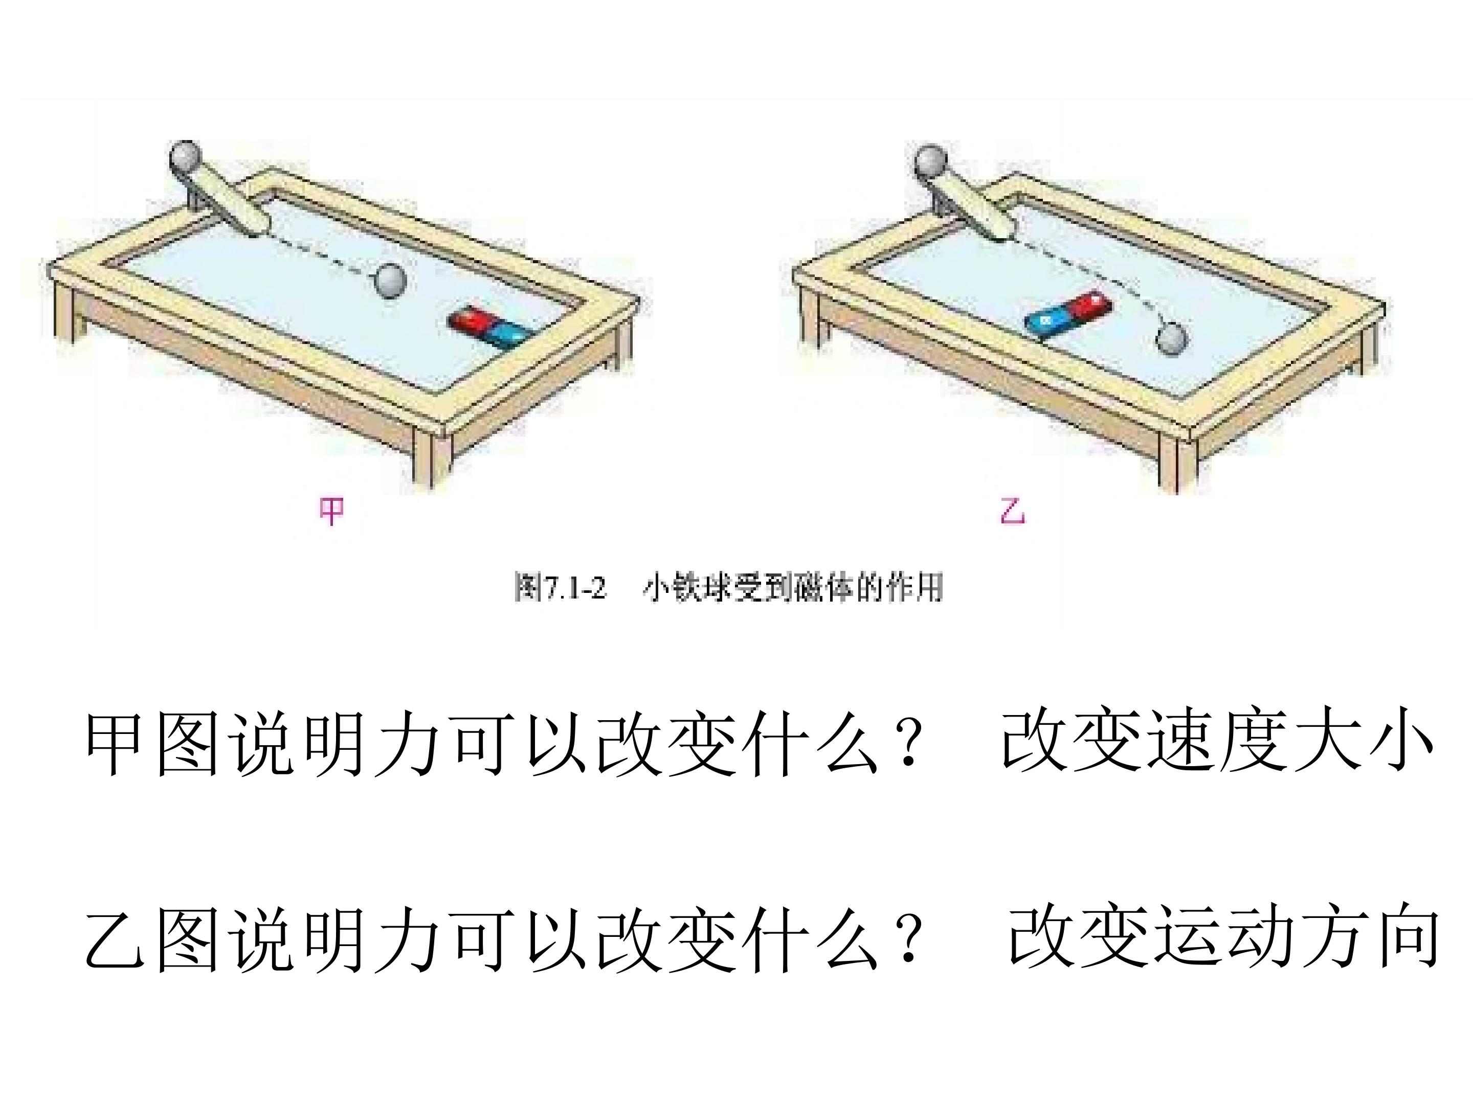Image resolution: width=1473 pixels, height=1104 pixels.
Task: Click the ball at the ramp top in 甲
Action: coord(186,157)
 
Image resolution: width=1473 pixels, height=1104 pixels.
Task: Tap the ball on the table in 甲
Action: coord(389,280)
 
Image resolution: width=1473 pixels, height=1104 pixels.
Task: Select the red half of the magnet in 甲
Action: coord(470,322)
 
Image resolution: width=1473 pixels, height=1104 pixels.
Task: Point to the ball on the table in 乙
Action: coord(1171,339)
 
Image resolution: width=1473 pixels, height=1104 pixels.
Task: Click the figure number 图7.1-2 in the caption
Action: coord(561,588)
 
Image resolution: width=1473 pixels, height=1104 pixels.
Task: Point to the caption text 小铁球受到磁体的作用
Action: coord(792,588)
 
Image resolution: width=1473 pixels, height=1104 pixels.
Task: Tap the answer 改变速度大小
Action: coord(1216,743)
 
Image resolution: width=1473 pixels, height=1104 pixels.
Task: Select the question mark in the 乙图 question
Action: coord(906,938)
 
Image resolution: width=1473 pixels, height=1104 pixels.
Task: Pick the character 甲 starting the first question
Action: coord(115,743)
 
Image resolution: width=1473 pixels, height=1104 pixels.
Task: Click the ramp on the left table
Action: coord(230,200)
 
